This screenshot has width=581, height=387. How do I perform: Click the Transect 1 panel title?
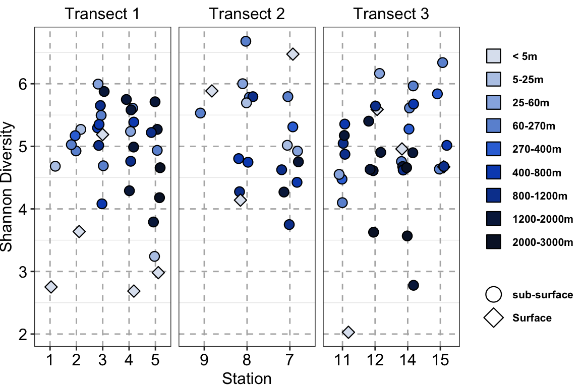102,14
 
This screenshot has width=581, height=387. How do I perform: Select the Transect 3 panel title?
391,14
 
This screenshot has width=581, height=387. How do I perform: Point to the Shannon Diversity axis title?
7,187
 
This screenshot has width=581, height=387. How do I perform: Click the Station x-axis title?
247,378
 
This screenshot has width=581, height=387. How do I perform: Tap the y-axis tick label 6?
23,84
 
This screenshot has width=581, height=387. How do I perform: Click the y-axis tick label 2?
23,334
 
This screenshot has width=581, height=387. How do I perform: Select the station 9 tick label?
204,360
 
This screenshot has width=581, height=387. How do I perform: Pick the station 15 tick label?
440,360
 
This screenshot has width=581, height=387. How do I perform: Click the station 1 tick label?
50,360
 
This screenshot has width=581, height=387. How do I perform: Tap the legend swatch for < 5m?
494,56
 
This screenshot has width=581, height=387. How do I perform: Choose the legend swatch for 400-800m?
494,172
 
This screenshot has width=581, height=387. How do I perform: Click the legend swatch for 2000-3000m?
494,242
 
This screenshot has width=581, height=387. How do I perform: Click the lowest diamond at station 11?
348,332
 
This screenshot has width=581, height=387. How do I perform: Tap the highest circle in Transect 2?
246,41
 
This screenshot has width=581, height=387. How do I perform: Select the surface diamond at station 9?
212,91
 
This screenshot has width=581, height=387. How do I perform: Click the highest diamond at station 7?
293,54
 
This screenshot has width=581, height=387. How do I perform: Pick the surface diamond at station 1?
51,287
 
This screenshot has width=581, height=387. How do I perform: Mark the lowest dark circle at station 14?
414,285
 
